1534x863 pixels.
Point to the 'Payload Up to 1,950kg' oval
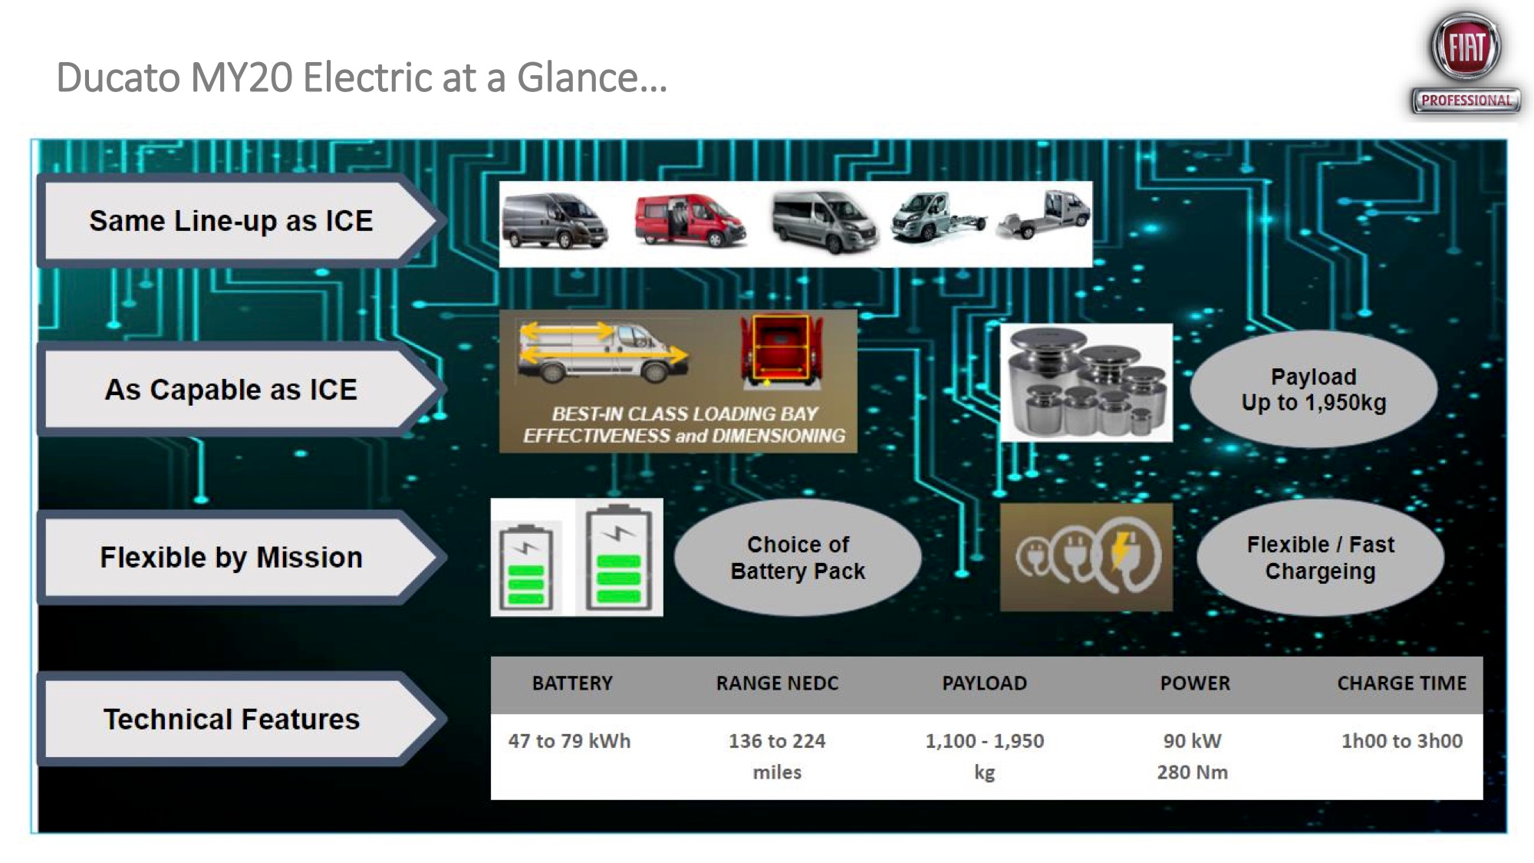click(x=1314, y=390)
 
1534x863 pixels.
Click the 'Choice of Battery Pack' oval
click(x=798, y=558)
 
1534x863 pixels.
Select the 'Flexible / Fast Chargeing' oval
click(x=1320, y=558)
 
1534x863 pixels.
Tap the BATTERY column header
click(x=572, y=683)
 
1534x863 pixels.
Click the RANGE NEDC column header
click(x=777, y=683)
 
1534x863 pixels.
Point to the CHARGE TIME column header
click(x=1401, y=683)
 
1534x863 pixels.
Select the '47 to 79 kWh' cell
click(x=569, y=741)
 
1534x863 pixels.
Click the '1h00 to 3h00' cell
click(x=1401, y=741)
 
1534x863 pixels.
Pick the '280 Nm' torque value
click(x=1192, y=772)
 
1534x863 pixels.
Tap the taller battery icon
click(x=618, y=558)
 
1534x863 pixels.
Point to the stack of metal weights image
click(x=1086, y=383)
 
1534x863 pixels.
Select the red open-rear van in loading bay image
click(x=780, y=350)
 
